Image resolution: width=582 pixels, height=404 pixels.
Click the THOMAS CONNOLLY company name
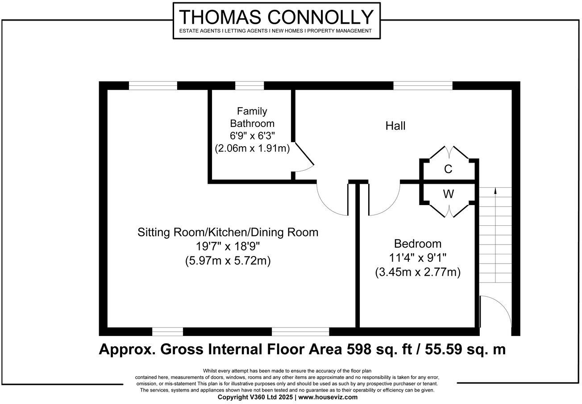click(x=276, y=17)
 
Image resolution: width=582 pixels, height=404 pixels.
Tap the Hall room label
click(x=395, y=126)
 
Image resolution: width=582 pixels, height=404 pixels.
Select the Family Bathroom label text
click(x=252, y=117)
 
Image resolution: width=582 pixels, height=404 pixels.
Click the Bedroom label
click(x=417, y=244)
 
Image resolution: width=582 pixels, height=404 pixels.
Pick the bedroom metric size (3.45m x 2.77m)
click(x=417, y=272)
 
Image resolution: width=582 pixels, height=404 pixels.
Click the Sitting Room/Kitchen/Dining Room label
click(x=228, y=232)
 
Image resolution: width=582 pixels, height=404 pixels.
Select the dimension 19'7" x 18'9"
click(x=228, y=247)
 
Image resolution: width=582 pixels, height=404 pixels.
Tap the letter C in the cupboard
click(x=448, y=169)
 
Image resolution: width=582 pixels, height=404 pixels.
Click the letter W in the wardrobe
click(x=448, y=194)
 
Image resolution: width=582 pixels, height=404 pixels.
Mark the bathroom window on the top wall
click(x=249, y=86)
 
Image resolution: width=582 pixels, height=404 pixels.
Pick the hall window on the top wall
click(x=423, y=86)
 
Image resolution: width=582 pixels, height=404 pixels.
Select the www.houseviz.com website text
click(x=328, y=397)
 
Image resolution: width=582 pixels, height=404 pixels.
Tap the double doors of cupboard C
click(x=449, y=152)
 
